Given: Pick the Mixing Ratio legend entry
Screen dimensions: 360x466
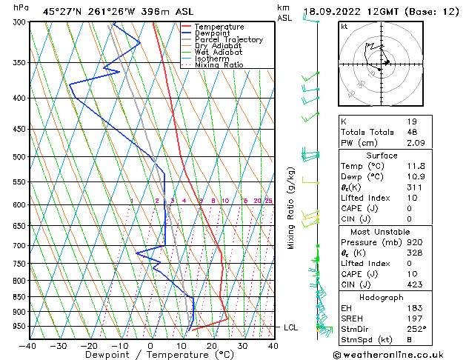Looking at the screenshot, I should pos(219,65).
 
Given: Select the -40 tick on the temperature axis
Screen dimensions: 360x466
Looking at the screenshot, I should pos(28,345).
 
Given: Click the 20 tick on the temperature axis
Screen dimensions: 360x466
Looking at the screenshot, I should pos(211,345).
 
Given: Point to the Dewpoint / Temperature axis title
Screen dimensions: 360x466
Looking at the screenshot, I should pos(150,356).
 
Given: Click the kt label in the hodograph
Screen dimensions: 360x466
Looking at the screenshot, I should pos(344,27).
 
